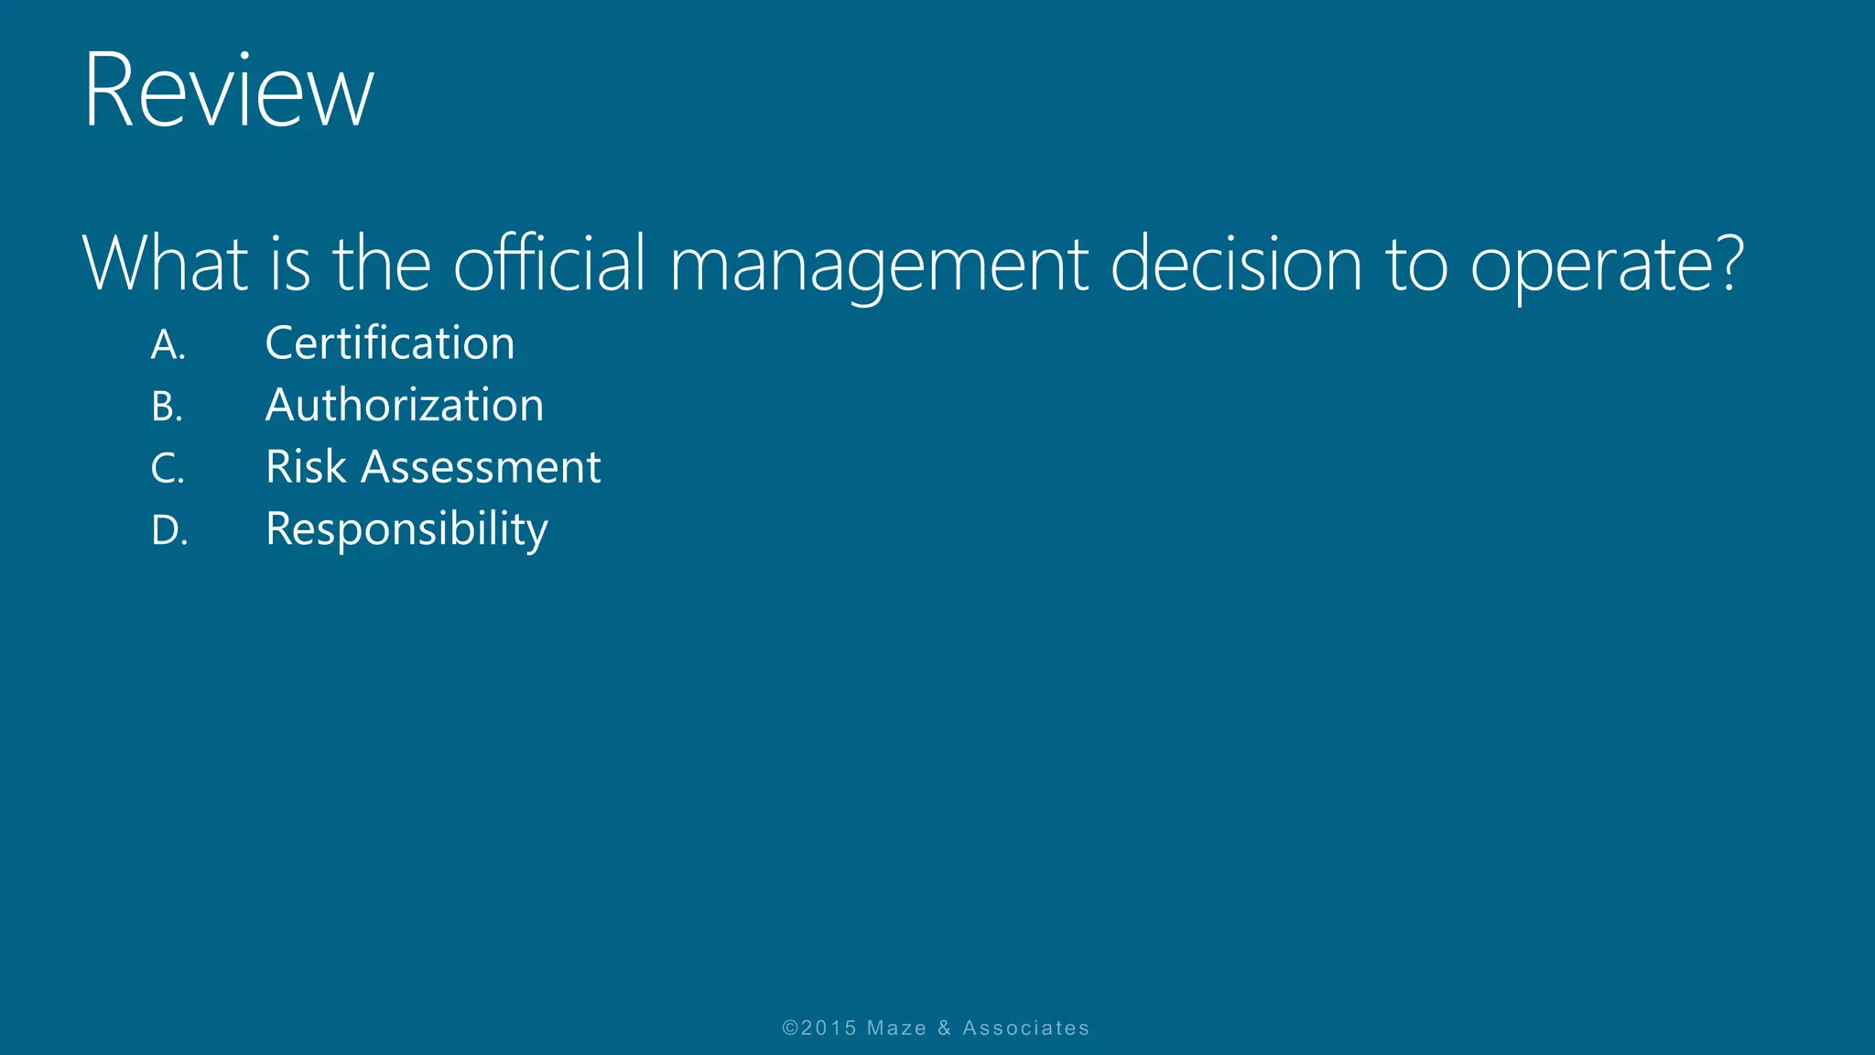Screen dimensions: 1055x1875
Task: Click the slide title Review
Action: coord(229,92)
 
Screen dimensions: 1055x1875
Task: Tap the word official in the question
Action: coord(550,264)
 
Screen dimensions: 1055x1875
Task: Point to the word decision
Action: coord(1236,264)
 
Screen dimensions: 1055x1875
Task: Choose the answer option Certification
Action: coord(390,343)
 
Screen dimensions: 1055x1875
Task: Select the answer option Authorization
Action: coord(405,405)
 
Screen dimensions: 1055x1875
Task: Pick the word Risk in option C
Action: coord(306,467)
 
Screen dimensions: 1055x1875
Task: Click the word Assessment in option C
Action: coord(482,467)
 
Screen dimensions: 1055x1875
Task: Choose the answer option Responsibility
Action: coord(406,530)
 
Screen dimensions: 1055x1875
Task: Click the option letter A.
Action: coord(168,345)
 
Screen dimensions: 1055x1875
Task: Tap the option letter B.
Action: coord(167,407)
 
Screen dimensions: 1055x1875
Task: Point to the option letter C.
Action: coord(167,469)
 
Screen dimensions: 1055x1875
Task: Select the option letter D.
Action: coord(168,531)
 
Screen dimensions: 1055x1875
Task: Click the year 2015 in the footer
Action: coord(828,1028)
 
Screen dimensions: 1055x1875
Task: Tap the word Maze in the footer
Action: coord(896,1028)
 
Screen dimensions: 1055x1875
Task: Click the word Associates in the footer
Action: coord(1025,1028)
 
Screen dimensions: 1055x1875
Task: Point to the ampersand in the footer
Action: coord(944,1028)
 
